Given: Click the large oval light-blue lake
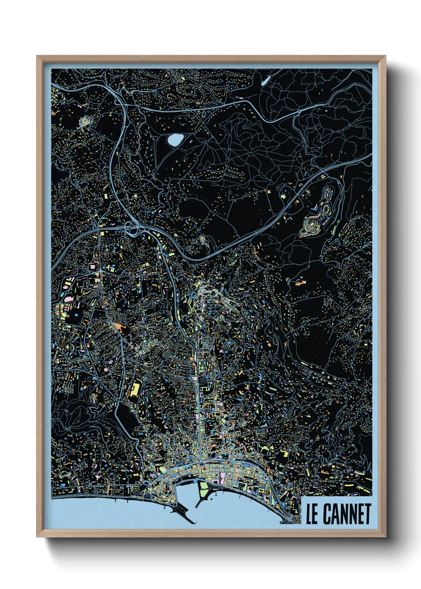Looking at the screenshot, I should tap(175, 139).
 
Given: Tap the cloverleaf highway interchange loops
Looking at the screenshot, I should tap(131, 228).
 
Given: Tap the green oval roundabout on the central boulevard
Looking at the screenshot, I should tap(198, 330).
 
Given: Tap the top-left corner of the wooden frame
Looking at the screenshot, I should tap(37, 56).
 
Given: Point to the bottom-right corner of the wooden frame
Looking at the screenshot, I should tap(386, 537).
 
